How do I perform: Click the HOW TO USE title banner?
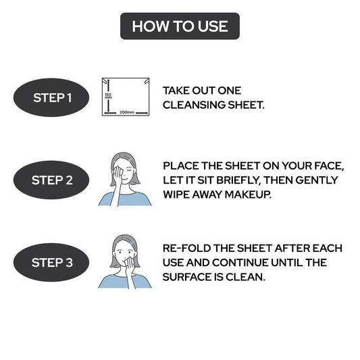pos(180,26)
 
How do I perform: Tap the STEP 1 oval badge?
pos(51,97)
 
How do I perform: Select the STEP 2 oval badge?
pos(51,180)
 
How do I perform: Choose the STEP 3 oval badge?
pos(51,263)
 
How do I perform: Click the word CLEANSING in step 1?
pos(194,105)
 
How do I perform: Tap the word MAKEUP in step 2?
pos(248,195)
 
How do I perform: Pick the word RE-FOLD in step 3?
pos(186,248)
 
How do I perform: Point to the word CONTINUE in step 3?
pos(240,263)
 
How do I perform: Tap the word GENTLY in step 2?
pos(317,180)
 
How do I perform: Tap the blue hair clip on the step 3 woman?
pos(131,242)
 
